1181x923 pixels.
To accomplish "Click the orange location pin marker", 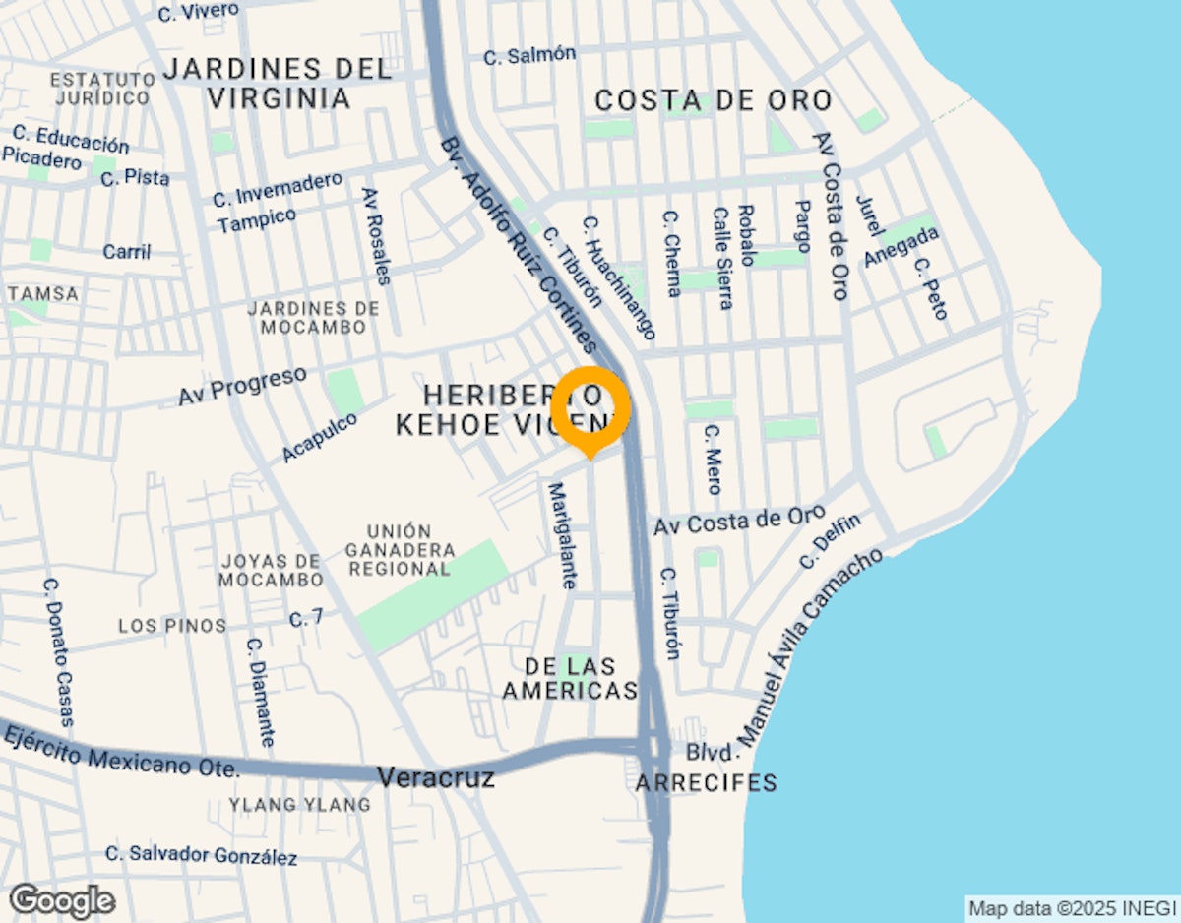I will click(590, 405).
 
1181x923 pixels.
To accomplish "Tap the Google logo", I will click(62, 900).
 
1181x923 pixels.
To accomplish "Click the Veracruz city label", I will click(436, 776).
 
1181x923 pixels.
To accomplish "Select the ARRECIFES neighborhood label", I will click(706, 783).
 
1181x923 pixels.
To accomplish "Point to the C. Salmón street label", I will click(529, 55).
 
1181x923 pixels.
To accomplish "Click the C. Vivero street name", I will click(198, 12).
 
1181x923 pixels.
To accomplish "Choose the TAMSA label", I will click(42, 294).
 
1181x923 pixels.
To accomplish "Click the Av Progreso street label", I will click(242, 386).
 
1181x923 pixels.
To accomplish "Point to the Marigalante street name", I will click(561, 535).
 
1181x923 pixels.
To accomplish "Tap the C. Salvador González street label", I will click(201, 855).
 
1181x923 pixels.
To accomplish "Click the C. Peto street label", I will click(930, 288).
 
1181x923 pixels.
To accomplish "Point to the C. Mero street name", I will click(714, 459).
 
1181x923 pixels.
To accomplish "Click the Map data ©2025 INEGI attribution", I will click(1072, 908).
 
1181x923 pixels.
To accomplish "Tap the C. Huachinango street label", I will click(618, 278).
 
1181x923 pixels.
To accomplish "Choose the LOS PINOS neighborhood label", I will click(172, 626).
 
